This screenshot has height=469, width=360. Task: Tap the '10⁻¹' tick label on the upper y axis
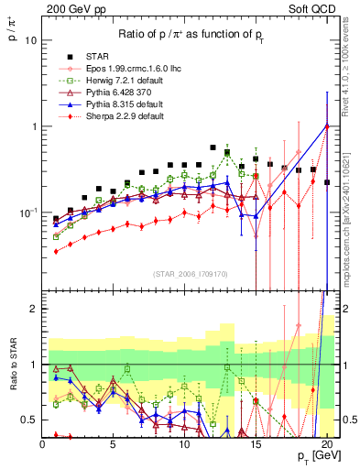(27, 212)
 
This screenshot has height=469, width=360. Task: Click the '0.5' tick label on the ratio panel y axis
(29, 420)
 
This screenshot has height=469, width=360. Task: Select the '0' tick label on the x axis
(42, 443)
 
